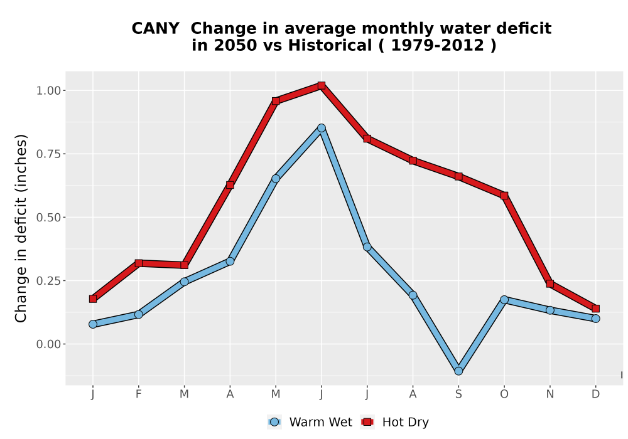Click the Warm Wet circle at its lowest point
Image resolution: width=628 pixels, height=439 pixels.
click(458, 371)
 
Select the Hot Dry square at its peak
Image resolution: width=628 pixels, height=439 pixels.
click(321, 85)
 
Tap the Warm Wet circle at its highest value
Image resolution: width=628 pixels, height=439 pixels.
click(321, 128)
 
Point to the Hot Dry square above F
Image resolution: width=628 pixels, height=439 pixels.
click(139, 263)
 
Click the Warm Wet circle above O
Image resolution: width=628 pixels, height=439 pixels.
click(504, 300)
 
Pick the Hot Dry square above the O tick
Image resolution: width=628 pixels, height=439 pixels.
click(504, 196)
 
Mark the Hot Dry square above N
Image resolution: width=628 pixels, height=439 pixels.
click(550, 284)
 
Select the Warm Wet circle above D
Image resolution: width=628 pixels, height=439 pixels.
click(595, 318)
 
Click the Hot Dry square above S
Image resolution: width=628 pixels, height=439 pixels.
click(458, 176)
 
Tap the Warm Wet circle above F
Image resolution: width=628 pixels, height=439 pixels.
click(139, 315)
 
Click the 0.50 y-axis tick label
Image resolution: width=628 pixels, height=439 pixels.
click(48, 218)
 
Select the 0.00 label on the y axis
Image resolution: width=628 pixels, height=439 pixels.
click(48, 344)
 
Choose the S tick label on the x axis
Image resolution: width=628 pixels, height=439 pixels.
click(458, 394)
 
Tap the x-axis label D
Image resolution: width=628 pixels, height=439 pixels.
click(595, 394)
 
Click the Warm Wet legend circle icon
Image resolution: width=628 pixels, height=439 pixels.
click(274, 422)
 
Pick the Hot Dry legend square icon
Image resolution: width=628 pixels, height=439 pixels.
click(367, 422)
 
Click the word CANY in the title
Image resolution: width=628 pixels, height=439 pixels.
click(155, 29)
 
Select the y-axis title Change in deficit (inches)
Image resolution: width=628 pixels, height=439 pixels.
click(21, 228)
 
